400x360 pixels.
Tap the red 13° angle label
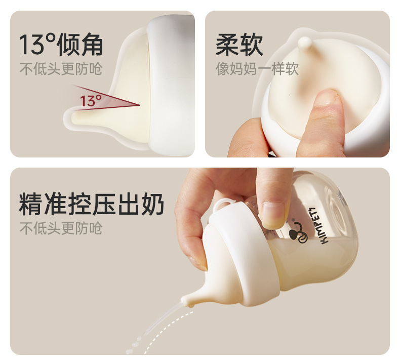(x=90, y=100)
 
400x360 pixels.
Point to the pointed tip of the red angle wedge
(x=139, y=105)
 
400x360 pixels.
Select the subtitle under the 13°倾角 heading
(x=61, y=69)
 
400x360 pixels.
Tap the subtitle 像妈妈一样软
(x=257, y=69)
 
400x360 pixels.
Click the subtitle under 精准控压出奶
(x=61, y=228)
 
